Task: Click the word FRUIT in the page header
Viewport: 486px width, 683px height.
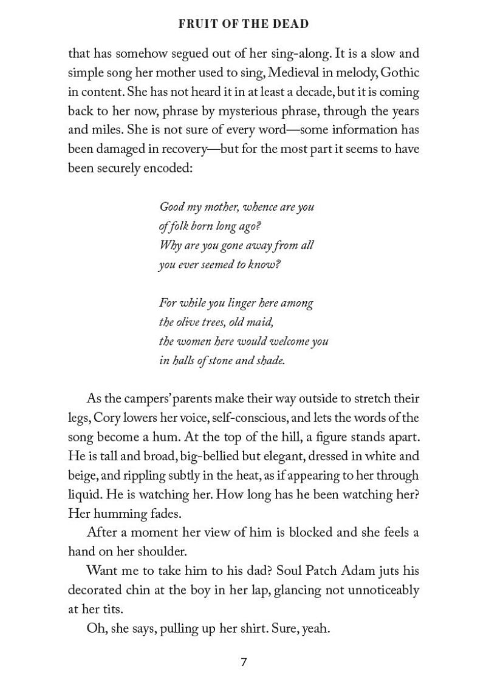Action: [x=194, y=24]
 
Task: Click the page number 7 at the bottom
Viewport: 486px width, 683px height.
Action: [x=244, y=662]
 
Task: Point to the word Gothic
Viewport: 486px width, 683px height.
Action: [x=398, y=73]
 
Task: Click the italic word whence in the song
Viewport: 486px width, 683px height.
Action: [x=261, y=207]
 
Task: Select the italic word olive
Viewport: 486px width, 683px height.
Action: [x=191, y=322]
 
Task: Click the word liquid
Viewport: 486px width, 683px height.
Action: [x=85, y=494]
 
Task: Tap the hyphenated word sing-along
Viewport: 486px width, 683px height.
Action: [x=295, y=54]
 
